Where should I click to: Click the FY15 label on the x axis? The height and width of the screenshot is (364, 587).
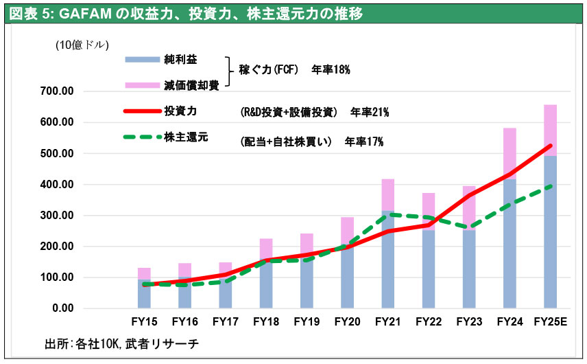[144, 321]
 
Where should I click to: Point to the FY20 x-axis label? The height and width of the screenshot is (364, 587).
[347, 321]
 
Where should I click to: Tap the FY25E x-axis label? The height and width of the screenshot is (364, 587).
[550, 321]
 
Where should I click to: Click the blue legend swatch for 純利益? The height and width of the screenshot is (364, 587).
[141, 60]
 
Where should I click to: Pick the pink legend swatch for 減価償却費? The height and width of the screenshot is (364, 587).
[141, 85]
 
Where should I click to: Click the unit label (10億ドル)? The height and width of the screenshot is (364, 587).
[82, 45]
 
